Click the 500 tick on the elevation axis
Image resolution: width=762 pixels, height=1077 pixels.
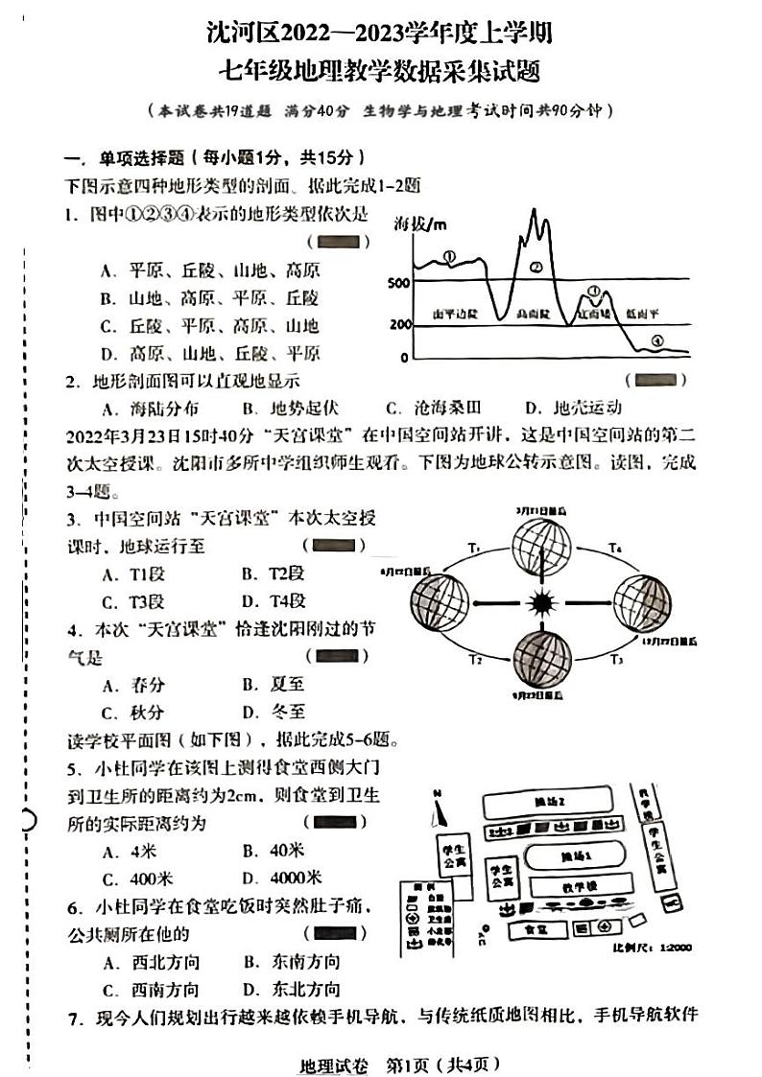(x=398, y=282)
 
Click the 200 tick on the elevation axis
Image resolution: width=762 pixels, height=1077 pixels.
(x=398, y=325)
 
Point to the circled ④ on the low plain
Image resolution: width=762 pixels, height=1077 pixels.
(x=656, y=340)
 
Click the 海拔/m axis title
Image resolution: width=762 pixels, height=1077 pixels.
(x=420, y=225)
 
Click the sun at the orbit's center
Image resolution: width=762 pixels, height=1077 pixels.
(x=542, y=603)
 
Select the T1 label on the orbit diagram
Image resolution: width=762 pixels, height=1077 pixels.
(x=474, y=547)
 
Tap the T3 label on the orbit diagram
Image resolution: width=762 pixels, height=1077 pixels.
(x=616, y=660)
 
